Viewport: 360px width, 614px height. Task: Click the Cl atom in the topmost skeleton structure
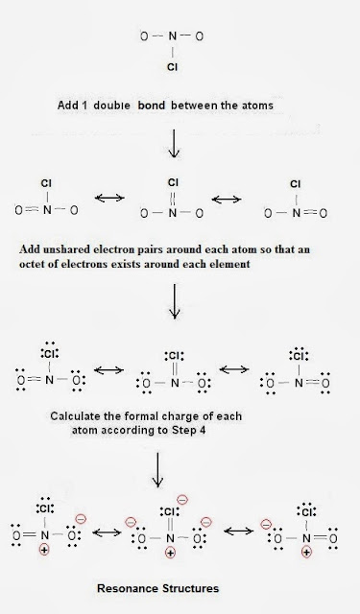(173, 67)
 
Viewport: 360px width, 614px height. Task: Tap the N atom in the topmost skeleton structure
(173, 36)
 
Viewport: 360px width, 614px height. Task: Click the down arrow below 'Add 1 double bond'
(174, 143)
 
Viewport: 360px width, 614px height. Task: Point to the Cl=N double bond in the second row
(173, 199)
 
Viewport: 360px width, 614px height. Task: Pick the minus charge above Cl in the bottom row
(182, 500)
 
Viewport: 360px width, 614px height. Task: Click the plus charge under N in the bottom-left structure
(44, 550)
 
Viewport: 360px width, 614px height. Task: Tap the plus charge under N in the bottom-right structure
(307, 553)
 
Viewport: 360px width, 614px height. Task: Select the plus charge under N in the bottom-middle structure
(171, 553)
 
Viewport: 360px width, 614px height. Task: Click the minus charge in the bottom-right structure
(266, 524)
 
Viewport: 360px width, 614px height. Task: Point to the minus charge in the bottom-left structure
(81, 519)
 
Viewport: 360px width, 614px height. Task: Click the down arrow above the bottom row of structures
(157, 470)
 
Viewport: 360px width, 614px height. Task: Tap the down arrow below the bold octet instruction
(175, 300)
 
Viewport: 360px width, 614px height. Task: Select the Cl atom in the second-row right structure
(296, 184)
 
